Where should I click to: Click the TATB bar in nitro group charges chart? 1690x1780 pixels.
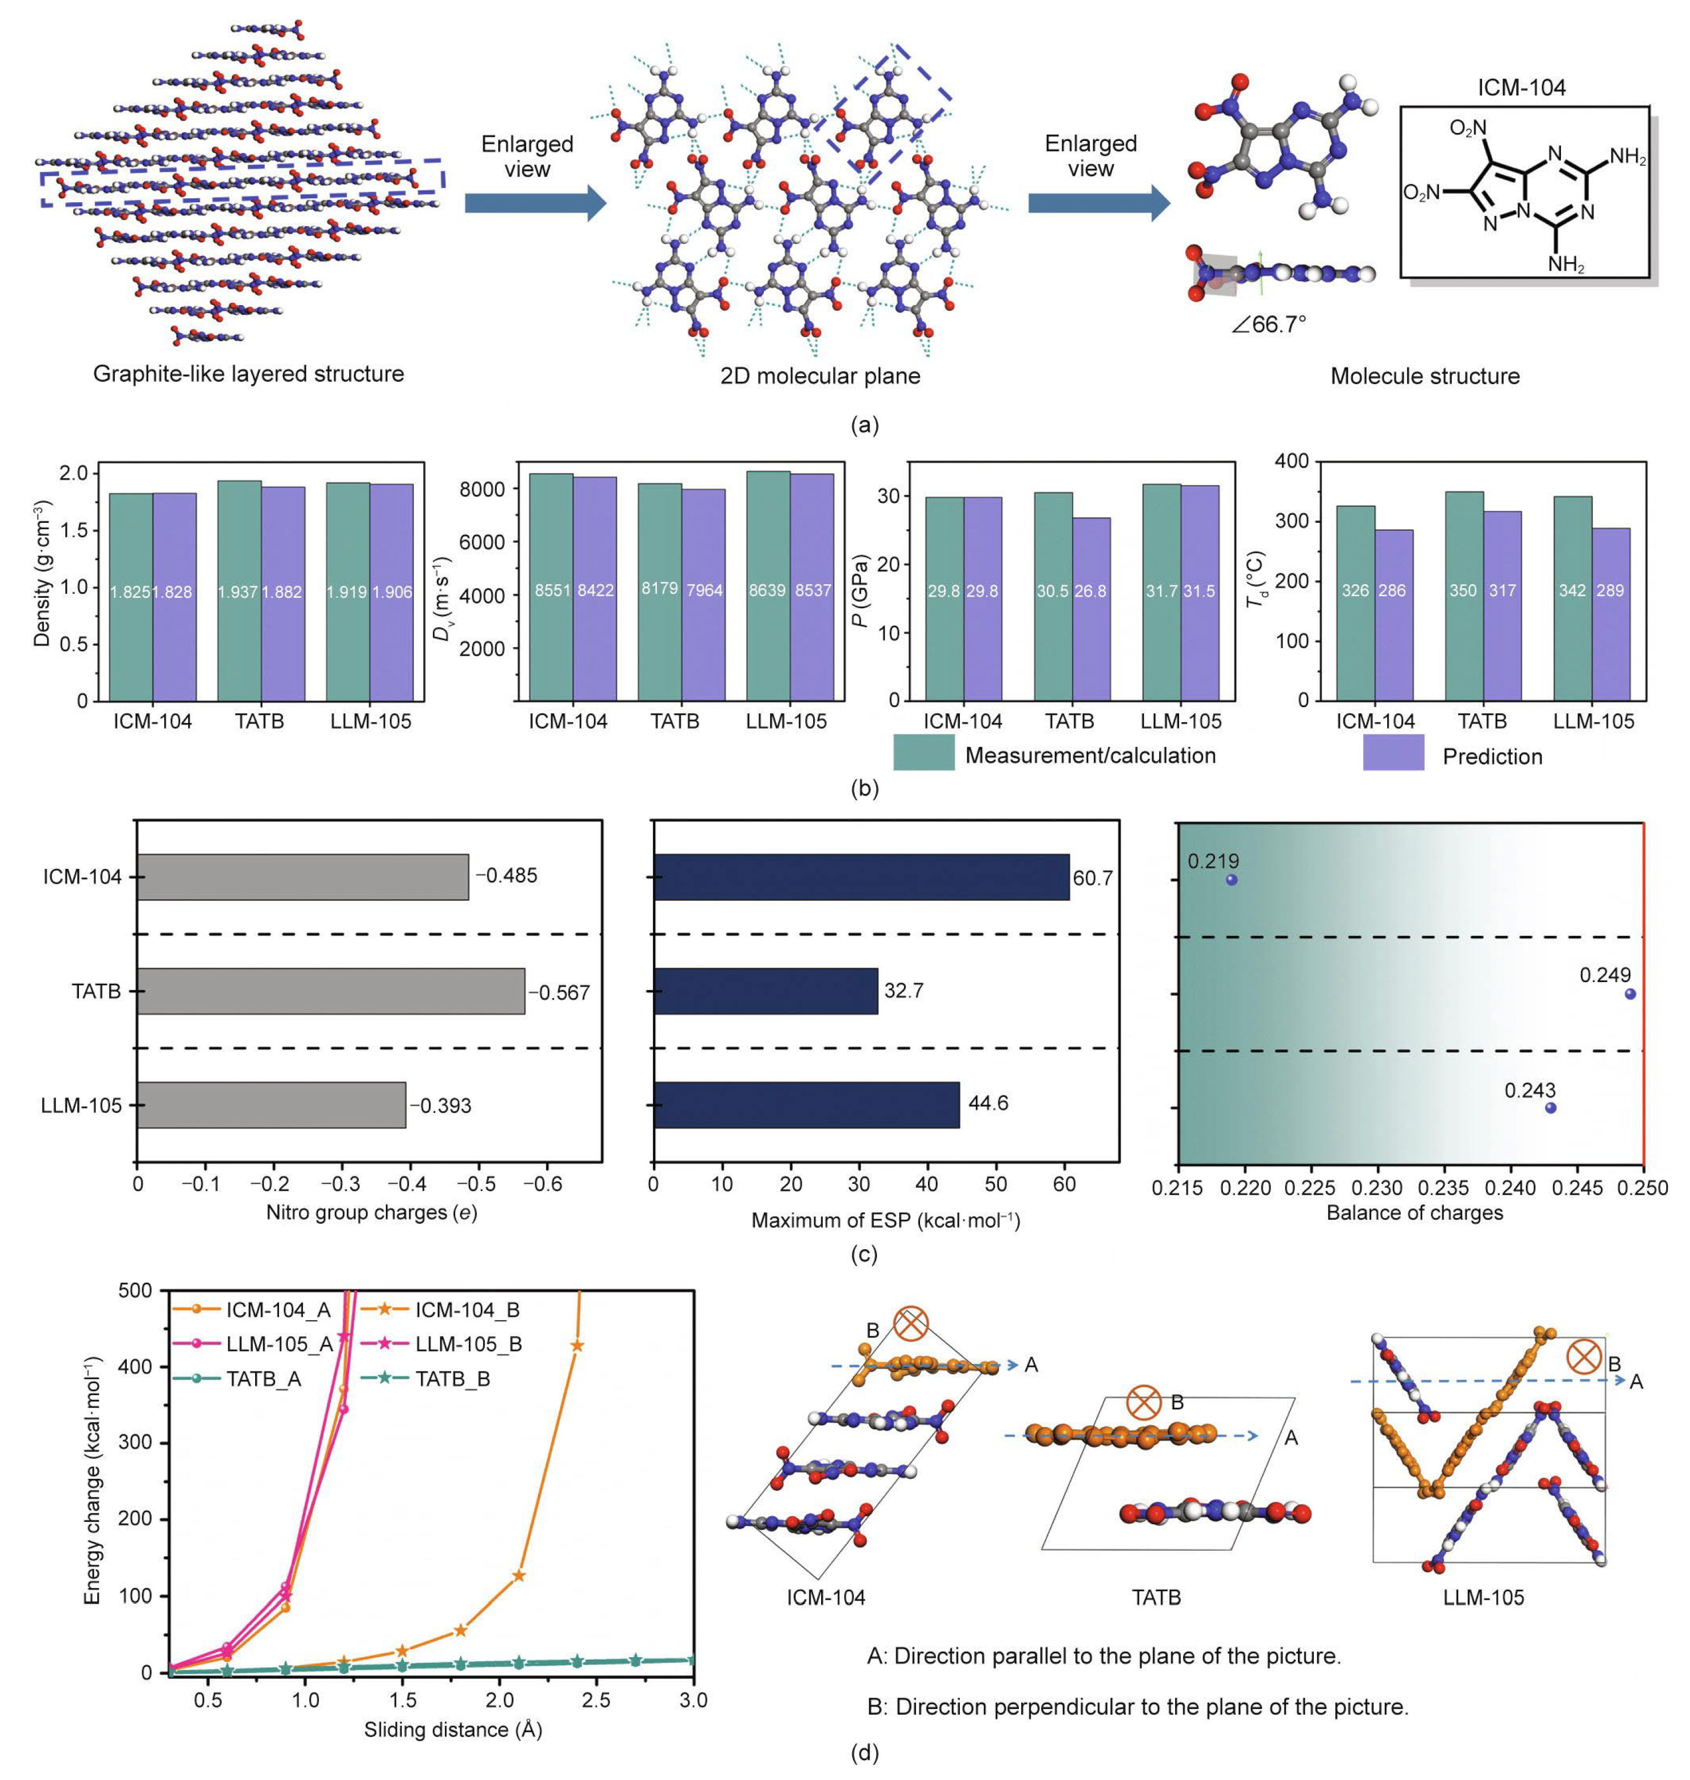331,991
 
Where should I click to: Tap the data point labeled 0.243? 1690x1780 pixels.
1550,1107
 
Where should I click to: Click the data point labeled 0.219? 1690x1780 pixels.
1231,879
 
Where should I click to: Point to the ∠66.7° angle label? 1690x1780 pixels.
1268,325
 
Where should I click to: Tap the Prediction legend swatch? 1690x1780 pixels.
1393,752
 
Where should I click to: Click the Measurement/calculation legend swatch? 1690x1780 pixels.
923,752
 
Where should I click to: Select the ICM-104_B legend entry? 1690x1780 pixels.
442,1310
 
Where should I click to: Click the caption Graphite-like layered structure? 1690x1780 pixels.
249,374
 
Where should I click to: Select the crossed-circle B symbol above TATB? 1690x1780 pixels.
1143,1403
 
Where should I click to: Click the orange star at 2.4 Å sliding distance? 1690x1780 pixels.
577,1345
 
